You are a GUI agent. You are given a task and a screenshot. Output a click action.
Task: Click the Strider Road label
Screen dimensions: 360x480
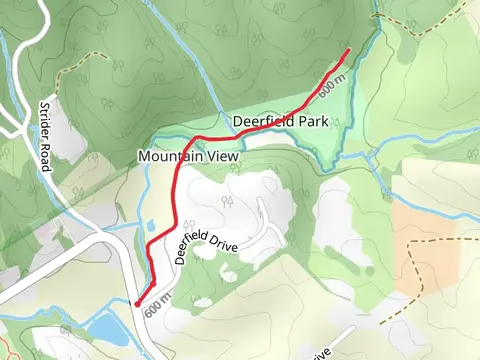pyautogui.click(x=45, y=136)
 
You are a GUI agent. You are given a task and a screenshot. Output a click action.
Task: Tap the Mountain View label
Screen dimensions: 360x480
pyautogui.click(x=189, y=156)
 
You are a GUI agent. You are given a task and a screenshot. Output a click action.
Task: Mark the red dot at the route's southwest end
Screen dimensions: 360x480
pyautogui.click(x=136, y=303)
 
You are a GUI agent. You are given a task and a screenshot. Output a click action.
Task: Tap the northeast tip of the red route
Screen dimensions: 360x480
pyautogui.click(x=347, y=50)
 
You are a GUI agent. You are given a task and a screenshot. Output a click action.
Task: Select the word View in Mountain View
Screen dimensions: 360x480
pyautogui.click(x=223, y=156)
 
